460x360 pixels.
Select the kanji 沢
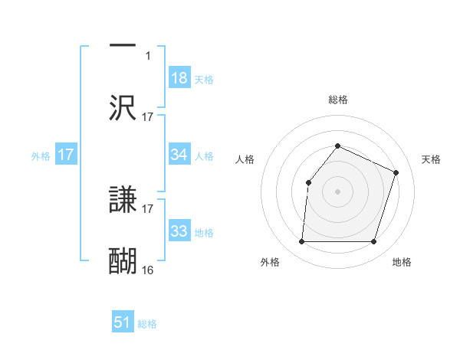point(123,107)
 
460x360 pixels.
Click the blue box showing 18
point(179,78)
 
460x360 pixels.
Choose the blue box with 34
point(179,155)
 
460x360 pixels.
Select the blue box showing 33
point(179,231)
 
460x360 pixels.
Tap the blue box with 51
point(123,322)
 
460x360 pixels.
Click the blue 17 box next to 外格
point(66,155)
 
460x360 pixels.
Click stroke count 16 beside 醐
point(148,270)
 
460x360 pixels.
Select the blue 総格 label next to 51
point(147,324)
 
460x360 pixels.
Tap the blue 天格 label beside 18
point(204,80)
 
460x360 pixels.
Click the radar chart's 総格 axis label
point(338,100)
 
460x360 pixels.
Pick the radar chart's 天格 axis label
point(431,159)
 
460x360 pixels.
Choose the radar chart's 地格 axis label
point(402,262)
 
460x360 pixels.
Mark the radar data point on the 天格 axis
point(396,172)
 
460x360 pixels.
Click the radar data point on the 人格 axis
point(308,182)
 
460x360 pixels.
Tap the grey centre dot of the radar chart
point(337,191)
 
